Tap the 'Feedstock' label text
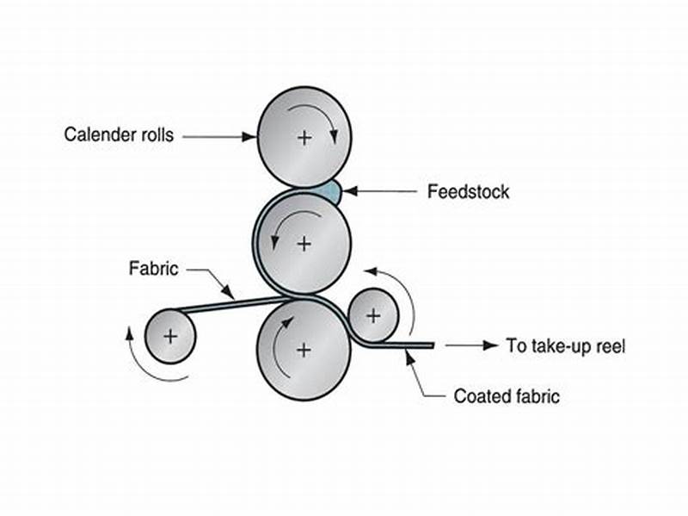click(x=468, y=191)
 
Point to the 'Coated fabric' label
click(x=507, y=397)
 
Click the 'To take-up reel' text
click(x=565, y=346)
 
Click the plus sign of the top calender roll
click(x=304, y=137)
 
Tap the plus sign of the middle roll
click(x=304, y=244)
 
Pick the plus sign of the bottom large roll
click(x=303, y=349)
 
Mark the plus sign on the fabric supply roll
click(x=170, y=336)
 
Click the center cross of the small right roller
click(x=372, y=315)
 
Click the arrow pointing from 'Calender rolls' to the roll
click(x=219, y=136)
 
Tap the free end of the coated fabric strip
click(x=430, y=345)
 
